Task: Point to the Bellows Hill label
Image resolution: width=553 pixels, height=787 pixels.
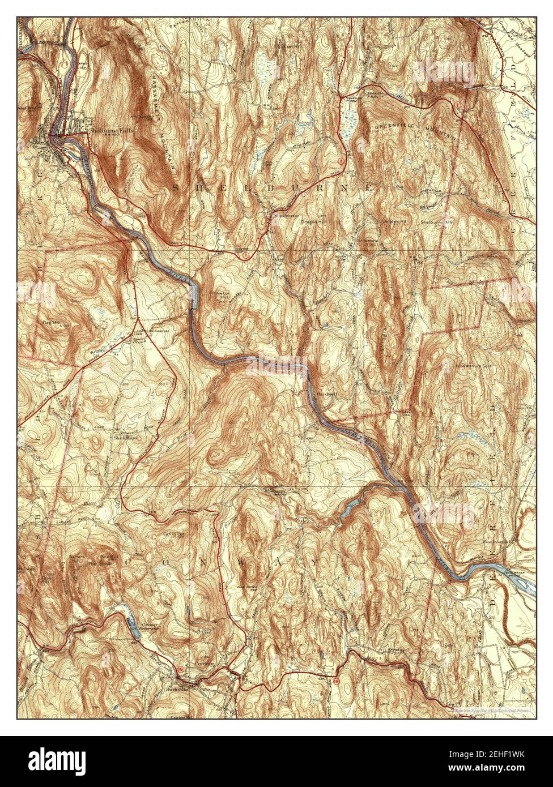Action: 395,221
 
